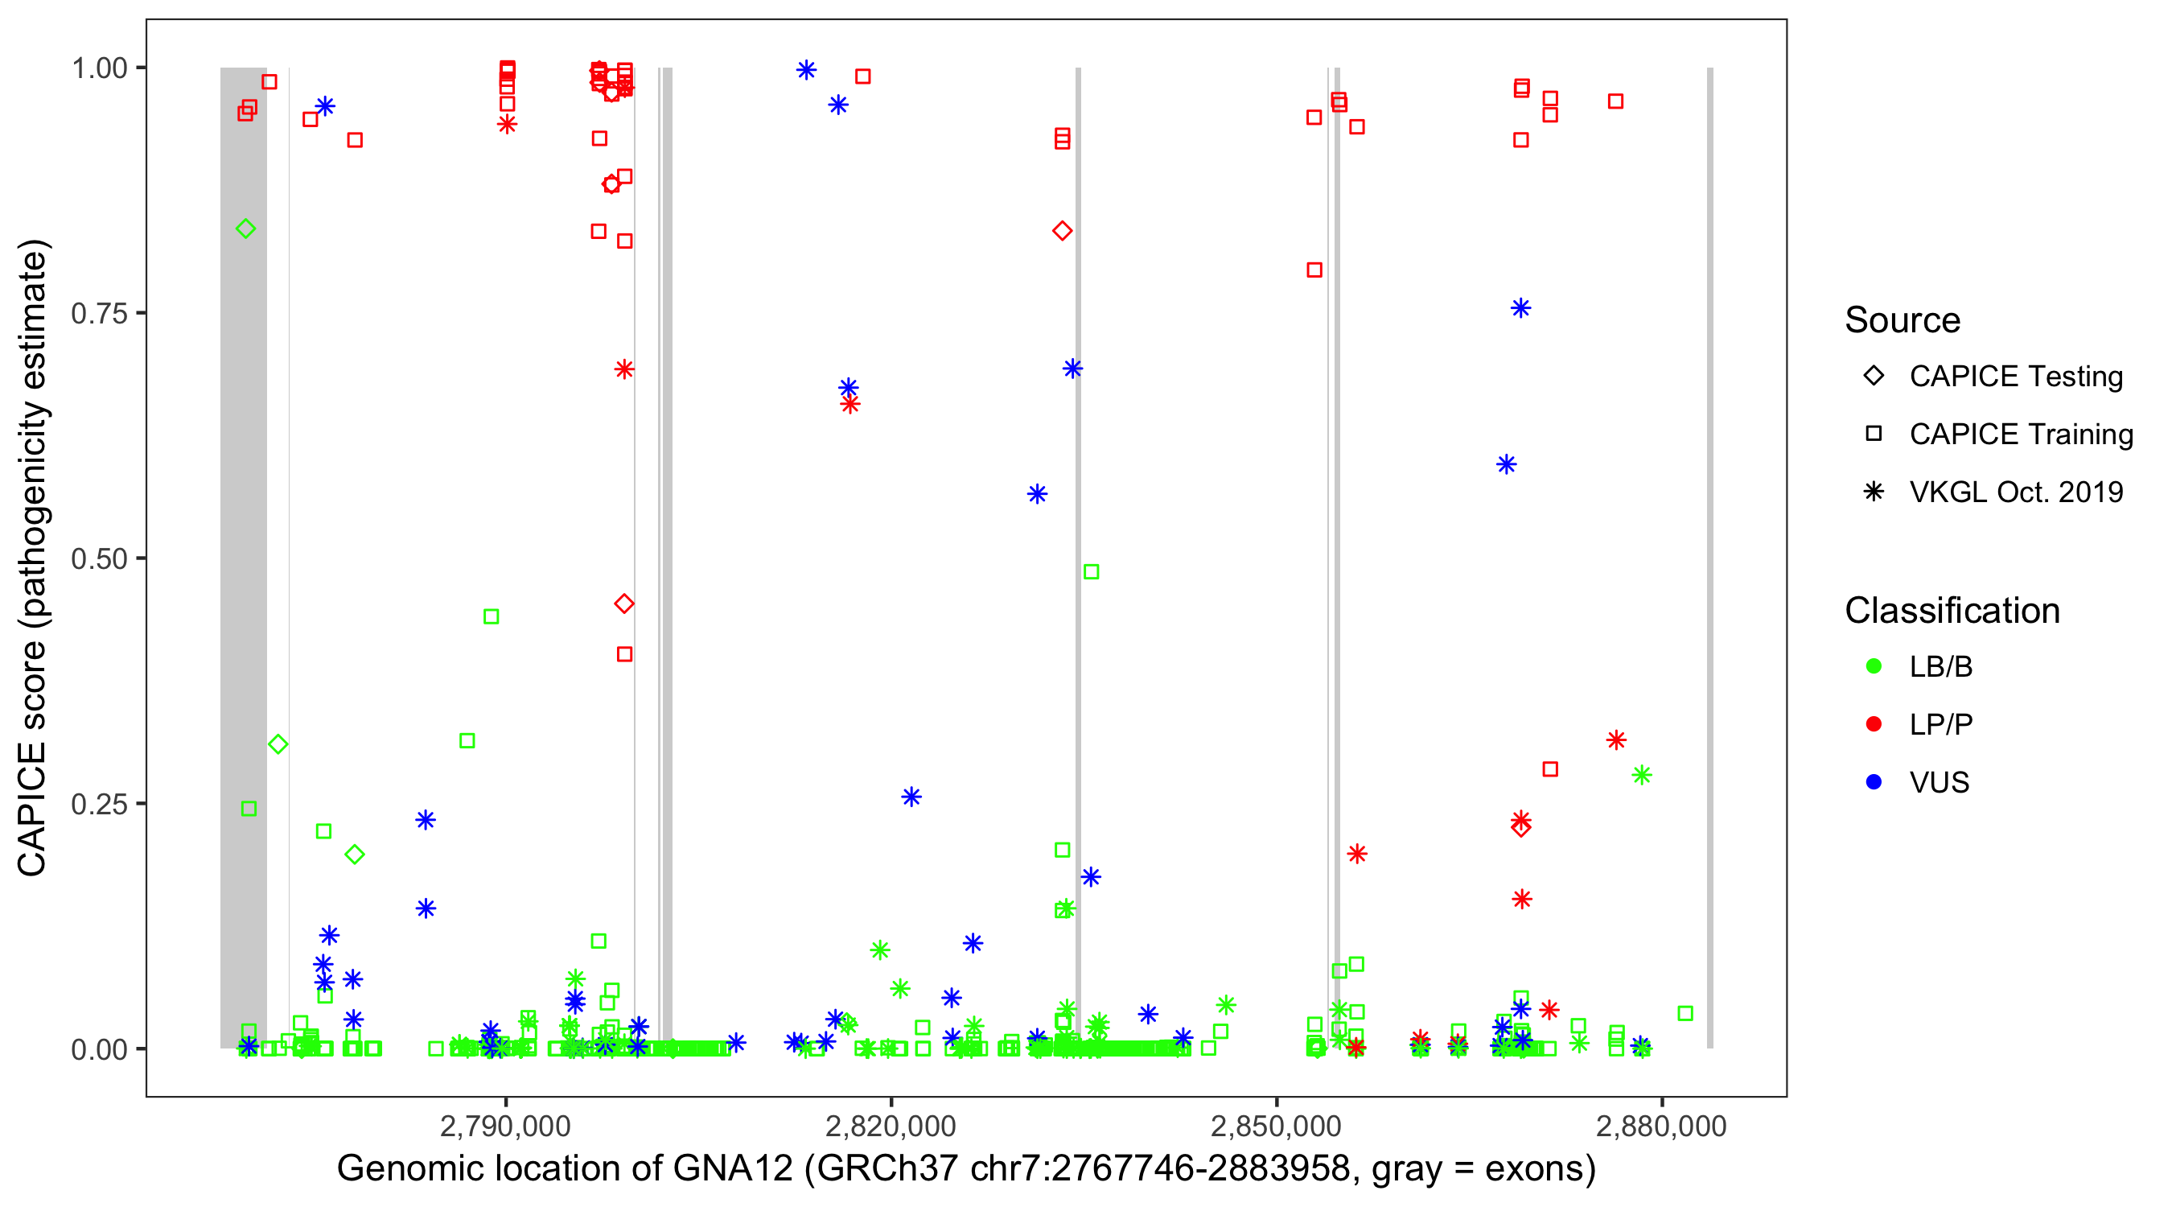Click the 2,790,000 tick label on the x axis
pyautogui.click(x=505, y=1126)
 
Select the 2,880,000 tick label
pyautogui.click(x=1661, y=1126)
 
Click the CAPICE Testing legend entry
pyautogui.click(x=2016, y=377)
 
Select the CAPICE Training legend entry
pyautogui.click(x=2021, y=435)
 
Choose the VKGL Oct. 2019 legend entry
pyautogui.click(x=2016, y=492)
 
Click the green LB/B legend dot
pyautogui.click(x=1874, y=666)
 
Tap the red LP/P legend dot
pyautogui.click(x=1874, y=724)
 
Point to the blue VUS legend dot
pyautogui.click(x=1874, y=782)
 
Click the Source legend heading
pyautogui.click(x=1903, y=320)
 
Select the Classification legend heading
pyautogui.click(x=1952, y=611)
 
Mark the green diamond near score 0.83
pyautogui.click(x=245, y=229)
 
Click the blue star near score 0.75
pyautogui.click(x=1520, y=309)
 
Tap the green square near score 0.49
pyautogui.click(x=1090, y=572)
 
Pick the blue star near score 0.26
pyautogui.click(x=911, y=797)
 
